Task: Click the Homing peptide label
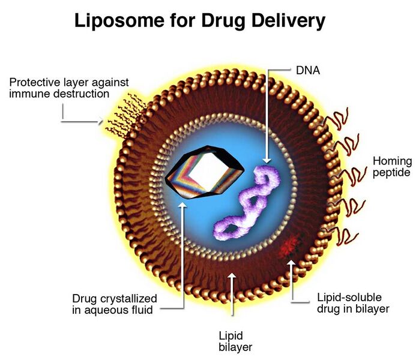(x=392, y=166)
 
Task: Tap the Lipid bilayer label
(x=232, y=341)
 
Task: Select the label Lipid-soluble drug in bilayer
(x=353, y=303)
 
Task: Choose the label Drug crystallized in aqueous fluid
(x=115, y=304)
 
